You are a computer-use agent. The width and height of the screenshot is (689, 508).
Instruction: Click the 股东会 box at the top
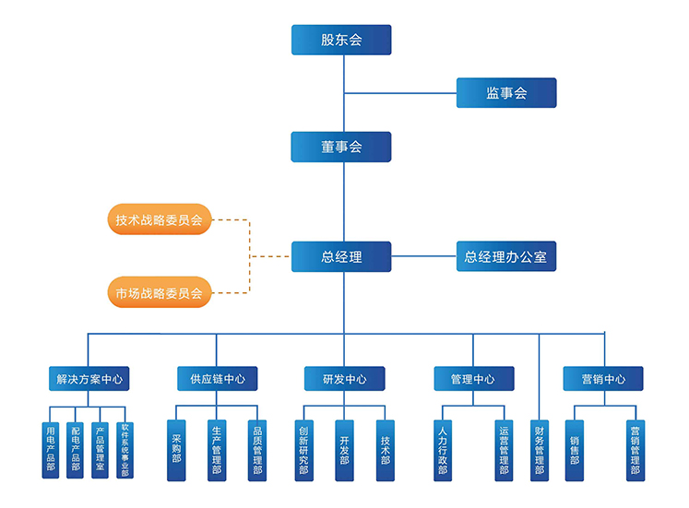click(341, 40)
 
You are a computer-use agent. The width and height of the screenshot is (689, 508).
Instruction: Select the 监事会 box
click(506, 93)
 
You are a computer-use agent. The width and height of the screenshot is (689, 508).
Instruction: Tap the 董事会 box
click(341, 148)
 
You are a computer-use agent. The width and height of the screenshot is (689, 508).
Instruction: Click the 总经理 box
click(341, 257)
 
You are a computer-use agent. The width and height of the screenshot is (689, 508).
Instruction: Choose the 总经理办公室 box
click(506, 257)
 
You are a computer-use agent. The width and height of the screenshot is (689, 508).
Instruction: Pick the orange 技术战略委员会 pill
click(159, 220)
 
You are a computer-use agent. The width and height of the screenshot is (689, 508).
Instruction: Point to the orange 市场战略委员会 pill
click(159, 293)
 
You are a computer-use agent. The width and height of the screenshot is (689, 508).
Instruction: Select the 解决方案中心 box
click(89, 379)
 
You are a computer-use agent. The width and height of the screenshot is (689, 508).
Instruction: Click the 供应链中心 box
click(218, 379)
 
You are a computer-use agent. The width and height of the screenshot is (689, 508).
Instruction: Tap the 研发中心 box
click(345, 379)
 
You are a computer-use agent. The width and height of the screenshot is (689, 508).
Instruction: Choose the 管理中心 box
click(473, 379)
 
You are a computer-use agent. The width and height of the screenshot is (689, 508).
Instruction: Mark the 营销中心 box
click(603, 379)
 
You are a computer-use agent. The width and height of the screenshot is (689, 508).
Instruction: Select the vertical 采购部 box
click(177, 450)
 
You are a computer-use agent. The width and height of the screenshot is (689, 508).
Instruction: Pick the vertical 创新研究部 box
click(304, 450)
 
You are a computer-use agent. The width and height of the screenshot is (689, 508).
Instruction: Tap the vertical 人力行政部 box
click(443, 450)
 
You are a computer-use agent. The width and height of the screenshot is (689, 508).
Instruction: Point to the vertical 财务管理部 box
click(539, 450)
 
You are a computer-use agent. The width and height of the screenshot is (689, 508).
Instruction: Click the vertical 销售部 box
click(575, 450)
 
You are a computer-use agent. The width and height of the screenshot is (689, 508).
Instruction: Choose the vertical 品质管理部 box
click(257, 450)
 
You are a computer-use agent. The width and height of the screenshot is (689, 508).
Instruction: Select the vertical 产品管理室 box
click(101, 450)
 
